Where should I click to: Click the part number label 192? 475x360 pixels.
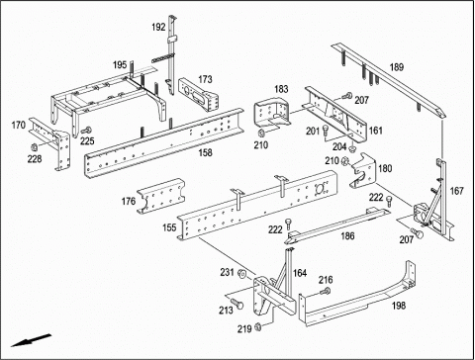coord(158,27)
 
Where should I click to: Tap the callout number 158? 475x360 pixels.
coord(205,152)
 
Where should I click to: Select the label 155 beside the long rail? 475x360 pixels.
coord(169,227)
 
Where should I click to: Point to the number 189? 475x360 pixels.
coord(397,67)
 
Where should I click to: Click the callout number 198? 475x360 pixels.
coord(399,306)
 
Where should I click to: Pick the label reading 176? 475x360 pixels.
coord(129,201)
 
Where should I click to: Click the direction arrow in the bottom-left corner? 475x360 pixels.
coord(31,340)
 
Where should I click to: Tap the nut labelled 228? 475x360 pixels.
coord(34,146)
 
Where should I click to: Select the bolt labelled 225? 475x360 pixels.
coord(86,131)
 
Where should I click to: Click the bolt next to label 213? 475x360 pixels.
coord(237,304)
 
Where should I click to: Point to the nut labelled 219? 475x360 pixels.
coord(258,326)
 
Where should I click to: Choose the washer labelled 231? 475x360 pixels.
coord(241,273)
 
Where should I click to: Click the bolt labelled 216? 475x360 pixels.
coord(326,292)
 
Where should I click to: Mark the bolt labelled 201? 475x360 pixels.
coord(326,131)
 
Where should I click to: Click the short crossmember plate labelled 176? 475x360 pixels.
coord(161,196)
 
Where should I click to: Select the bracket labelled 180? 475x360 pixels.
coord(363,170)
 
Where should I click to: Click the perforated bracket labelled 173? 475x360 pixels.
coord(199,95)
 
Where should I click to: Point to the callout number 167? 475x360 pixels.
coord(457,191)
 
